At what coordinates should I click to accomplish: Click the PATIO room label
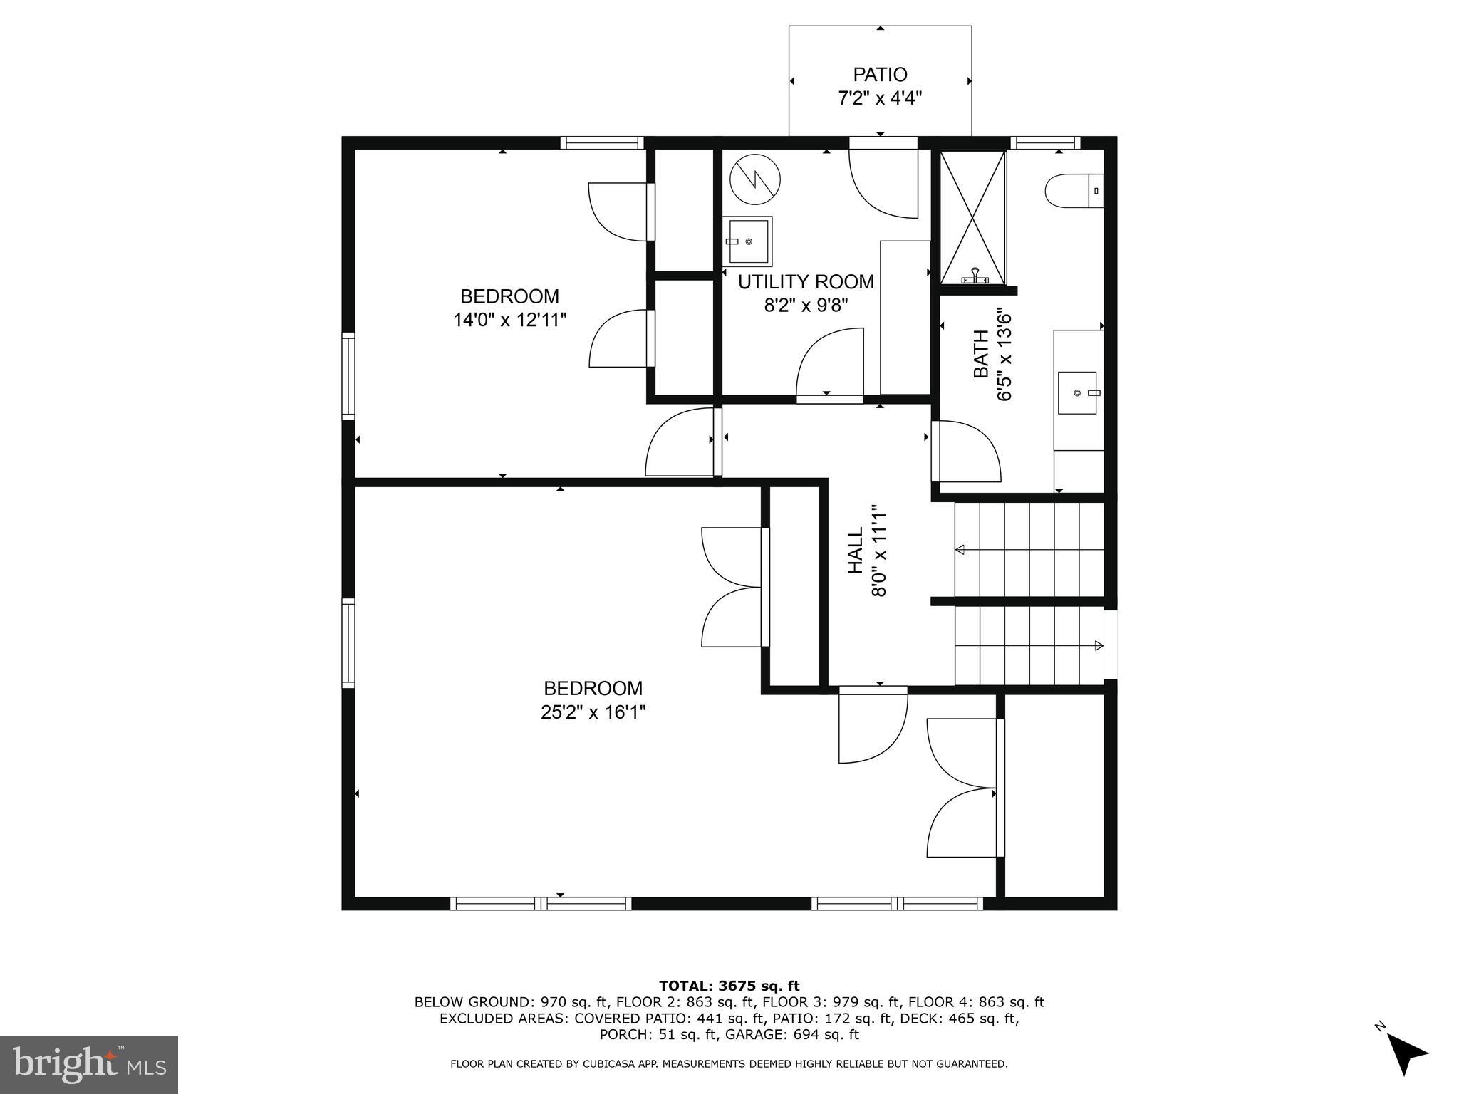[x=880, y=75]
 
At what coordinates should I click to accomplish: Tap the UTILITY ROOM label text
[x=806, y=282]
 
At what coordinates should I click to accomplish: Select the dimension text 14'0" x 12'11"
[x=509, y=320]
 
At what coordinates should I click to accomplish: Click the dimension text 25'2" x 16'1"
[x=593, y=712]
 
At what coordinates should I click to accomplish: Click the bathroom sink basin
[x=1076, y=392]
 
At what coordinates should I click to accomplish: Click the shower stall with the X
[x=973, y=217]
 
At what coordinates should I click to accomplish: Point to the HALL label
[x=855, y=550]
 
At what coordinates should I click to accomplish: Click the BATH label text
[x=981, y=354]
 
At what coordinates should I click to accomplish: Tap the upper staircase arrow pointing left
[x=960, y=549]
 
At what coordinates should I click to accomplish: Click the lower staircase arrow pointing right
[x=1099, y=646]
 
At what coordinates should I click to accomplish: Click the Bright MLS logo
[x=89, y=1065]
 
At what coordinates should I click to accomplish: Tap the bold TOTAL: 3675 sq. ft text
[x=729, y=986]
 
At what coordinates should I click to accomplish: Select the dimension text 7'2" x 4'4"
[x=880, y=98]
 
